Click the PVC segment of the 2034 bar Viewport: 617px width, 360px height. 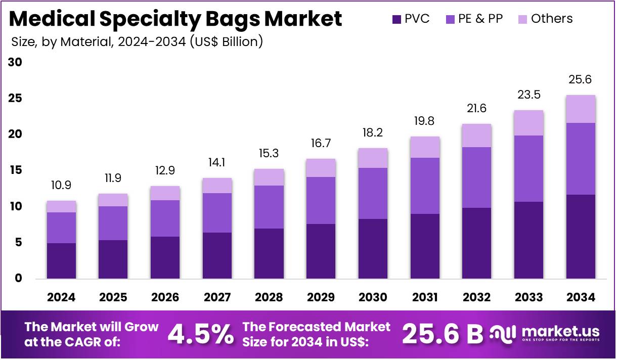point(581,236)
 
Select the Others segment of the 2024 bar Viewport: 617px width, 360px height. point(61,206)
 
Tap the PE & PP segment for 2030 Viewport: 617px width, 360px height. point(373,193)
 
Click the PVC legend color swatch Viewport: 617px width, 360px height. point(397,20)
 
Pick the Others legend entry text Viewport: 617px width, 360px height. point(552,19)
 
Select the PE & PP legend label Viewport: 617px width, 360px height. point(480,19)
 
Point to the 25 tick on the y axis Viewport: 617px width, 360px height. point(15,98)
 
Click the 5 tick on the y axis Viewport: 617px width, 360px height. point(18,243)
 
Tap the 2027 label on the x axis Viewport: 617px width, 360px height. point(217,297)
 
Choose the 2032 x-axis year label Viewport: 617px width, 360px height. point(477,297)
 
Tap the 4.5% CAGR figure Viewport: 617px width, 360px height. point(201,334)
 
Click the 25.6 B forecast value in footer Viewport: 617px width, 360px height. point(443,334)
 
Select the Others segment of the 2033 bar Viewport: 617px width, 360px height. point(528,123)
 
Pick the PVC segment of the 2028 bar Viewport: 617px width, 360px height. point(269,253)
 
